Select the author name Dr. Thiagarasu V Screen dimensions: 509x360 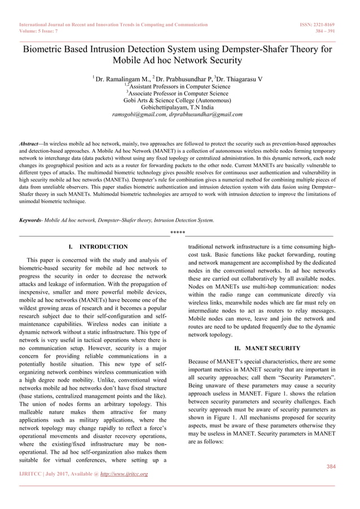[240, 79]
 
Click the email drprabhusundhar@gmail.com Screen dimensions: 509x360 [206, 113]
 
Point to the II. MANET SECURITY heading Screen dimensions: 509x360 [260, 348]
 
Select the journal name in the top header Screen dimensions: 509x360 [113, 25]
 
